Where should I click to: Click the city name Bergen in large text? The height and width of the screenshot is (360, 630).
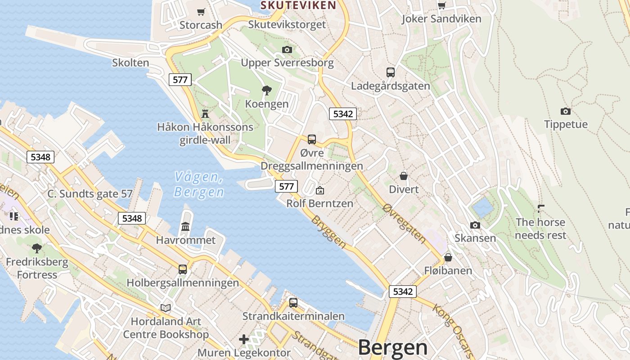point(393,347)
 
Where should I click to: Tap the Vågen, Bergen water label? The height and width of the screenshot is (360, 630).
point(199,184)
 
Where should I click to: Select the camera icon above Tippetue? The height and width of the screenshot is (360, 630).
point(566,111)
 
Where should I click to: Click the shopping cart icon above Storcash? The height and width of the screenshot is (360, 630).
point(201,12)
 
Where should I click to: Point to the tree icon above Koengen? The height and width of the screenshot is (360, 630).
point(266,90)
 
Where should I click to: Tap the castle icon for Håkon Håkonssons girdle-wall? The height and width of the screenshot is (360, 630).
point(206,113)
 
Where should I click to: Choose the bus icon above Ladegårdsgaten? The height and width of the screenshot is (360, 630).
point(390,72)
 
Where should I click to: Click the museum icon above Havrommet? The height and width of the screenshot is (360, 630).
point(185,226)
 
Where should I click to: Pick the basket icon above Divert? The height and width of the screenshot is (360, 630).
point(404,175)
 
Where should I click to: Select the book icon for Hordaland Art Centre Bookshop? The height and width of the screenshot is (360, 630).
point(166,308)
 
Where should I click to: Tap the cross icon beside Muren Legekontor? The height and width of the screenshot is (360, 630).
point(244,339)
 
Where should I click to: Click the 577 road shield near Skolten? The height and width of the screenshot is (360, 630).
point(180,80)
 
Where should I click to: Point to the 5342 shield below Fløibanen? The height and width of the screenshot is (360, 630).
point(402,292)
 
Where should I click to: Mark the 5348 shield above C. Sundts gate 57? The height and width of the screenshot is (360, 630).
point(40,157)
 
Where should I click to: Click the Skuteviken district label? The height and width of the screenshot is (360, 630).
point(298,5)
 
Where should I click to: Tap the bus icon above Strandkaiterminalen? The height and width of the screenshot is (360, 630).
point(293,302)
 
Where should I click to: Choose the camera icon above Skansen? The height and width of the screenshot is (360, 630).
point(475,225)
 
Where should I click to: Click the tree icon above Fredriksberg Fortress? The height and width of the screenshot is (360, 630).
point(37,248)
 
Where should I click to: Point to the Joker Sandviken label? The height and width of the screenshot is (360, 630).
point(441,19)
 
